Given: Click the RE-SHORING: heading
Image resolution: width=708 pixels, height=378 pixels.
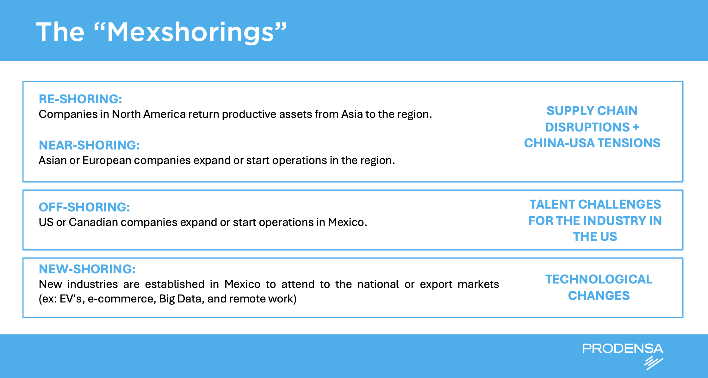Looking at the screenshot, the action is [x=80, y=99].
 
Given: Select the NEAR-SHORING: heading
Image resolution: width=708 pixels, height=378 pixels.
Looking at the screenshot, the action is [x=89, y=145].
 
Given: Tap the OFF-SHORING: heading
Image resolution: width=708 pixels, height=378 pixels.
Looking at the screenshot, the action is [x=84, y=207].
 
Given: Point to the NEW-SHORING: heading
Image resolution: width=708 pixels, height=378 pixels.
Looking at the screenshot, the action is [x=87, y=269].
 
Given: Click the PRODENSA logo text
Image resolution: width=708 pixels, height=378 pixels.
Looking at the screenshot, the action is [x=623, y=349].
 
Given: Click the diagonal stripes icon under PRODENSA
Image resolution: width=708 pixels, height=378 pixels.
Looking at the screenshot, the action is [x=654, y=363].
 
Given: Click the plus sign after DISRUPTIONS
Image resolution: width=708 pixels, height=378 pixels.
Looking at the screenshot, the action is [x=636, y=127].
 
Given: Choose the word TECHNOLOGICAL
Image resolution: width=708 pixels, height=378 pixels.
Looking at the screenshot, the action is [x=599, y=279].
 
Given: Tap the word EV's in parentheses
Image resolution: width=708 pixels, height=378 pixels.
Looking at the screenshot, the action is [x=72, y=299].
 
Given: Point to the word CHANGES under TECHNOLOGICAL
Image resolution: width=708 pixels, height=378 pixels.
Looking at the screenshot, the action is [x=599, y=296].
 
